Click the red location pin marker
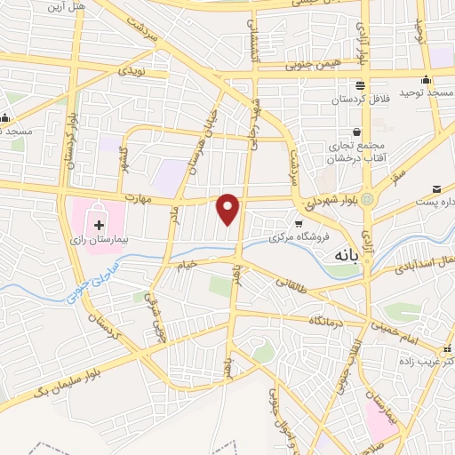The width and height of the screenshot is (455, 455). pos(228,209)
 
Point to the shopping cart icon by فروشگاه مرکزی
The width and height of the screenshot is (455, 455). pos(299,223)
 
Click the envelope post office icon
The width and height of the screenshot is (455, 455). pos(437,188)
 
